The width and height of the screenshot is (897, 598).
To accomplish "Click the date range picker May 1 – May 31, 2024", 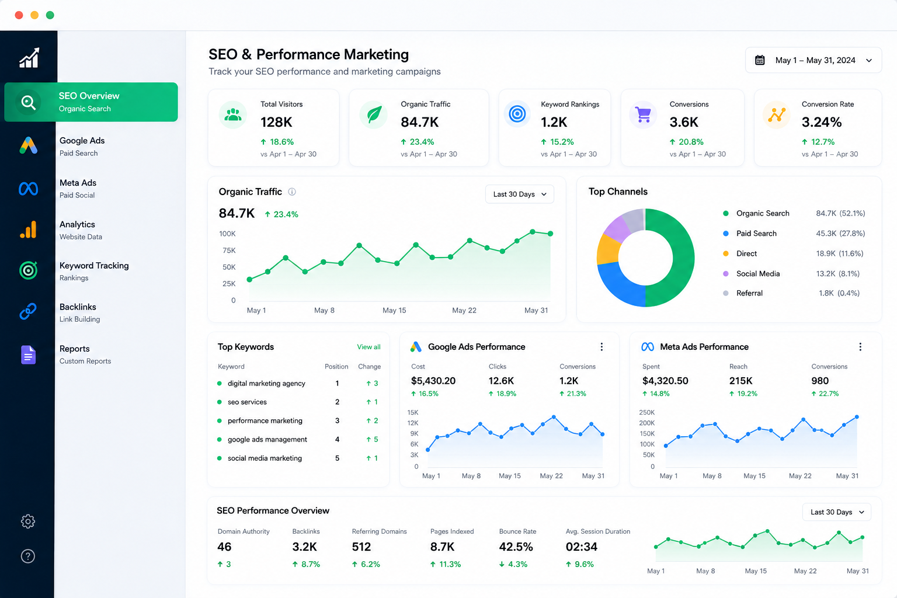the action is [813, 60].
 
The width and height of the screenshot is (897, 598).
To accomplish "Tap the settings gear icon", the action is [28, 521].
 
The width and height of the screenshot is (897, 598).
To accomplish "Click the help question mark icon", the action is [28, 556].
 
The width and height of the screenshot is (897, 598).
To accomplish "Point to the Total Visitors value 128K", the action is [276, 122].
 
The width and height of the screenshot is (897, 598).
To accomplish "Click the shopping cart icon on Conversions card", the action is [643, 115].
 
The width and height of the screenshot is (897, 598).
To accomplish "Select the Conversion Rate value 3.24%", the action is [821, 122].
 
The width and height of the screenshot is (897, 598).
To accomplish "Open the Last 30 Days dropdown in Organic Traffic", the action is [519, 194].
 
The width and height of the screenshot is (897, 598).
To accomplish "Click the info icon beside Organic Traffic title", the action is [292, 192].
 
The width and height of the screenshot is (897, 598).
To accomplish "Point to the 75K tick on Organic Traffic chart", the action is [229, 251].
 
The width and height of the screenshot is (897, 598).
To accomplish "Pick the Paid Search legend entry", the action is [756, 234].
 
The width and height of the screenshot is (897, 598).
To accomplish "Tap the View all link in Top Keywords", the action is [369, 347].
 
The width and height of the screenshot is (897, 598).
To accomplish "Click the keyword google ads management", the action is [267, 439].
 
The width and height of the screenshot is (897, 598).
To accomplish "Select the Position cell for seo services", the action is [337, 402].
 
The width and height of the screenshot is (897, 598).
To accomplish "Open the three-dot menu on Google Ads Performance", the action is [602, 347].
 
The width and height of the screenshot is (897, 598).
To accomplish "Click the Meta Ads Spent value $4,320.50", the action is [665, 381].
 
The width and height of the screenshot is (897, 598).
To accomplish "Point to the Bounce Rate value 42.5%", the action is [516, 547].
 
